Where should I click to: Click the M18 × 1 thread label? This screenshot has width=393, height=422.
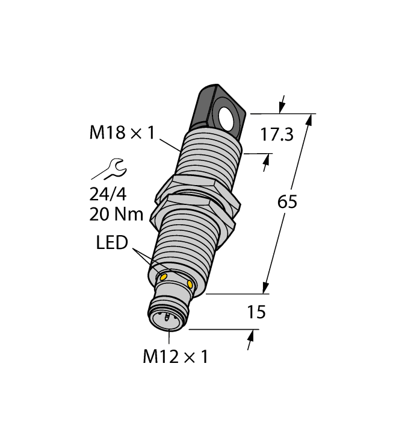point(122,132)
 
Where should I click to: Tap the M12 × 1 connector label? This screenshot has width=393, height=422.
point(175,356)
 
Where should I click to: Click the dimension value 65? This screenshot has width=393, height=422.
point(287,202)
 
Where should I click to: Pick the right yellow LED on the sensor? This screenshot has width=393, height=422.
point(191,283)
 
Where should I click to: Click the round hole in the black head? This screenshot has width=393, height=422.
point(229,117)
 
